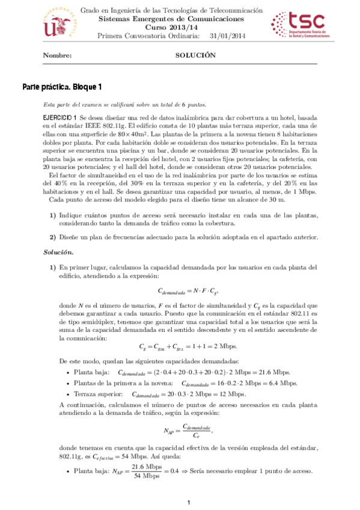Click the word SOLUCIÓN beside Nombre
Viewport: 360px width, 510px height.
(195, 55)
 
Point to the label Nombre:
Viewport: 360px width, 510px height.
(57, 55)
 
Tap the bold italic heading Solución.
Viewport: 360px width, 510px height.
(56, 251)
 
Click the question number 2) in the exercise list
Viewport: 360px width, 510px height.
(53, 238)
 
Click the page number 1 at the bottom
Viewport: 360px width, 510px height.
(188, 502)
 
